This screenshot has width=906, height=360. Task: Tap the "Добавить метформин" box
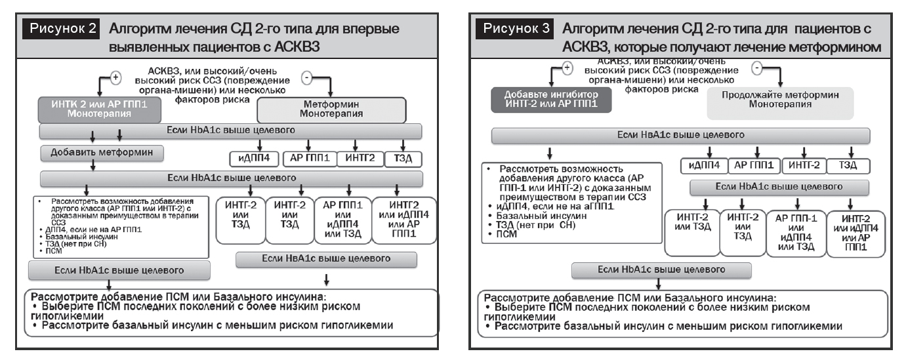tap(102, 153)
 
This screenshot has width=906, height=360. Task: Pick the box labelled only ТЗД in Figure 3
tap(849, 165)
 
